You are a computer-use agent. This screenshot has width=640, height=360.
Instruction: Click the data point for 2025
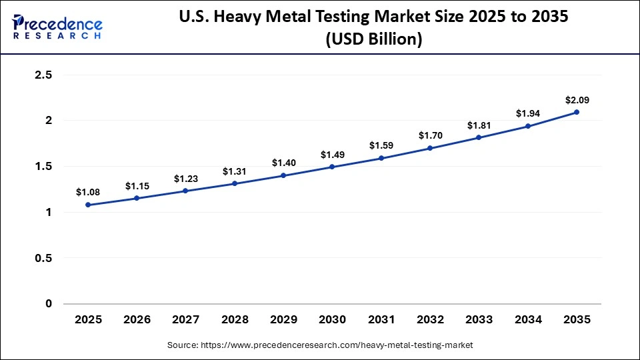(x=88, y=205)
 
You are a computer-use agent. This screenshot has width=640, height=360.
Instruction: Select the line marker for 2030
(x=332, y=167)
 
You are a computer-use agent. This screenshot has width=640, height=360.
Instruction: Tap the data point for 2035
(x=577, y=112)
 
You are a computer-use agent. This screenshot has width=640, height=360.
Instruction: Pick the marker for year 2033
(x=479, y=137)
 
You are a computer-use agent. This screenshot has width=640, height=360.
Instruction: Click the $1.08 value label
(x=88, y=192)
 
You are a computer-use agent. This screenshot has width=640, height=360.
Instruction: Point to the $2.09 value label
(x=577, y=100)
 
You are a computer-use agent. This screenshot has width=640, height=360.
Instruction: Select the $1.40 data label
(x=283, y=163)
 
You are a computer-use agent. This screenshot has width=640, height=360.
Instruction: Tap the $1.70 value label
(x=430, y=135)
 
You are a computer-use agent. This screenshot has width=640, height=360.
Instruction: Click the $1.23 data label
(x=185, y=178)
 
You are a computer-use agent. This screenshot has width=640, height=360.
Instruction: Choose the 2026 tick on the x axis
(x=137, y=320)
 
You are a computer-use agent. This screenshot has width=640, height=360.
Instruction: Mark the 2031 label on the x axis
(x=381, y=320)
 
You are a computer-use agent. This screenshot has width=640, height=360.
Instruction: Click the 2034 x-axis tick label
(x=528, y=320)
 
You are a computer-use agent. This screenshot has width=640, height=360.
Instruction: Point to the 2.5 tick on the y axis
(x=43, y=75)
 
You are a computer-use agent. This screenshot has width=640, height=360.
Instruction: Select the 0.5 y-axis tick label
(x=43, y=258)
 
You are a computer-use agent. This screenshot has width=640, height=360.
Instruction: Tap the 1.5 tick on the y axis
(x=43, y=167)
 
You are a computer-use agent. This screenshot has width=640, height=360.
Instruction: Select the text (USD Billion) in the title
(x=373, y=39)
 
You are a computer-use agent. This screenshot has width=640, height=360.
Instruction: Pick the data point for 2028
(x=235, y=183)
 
